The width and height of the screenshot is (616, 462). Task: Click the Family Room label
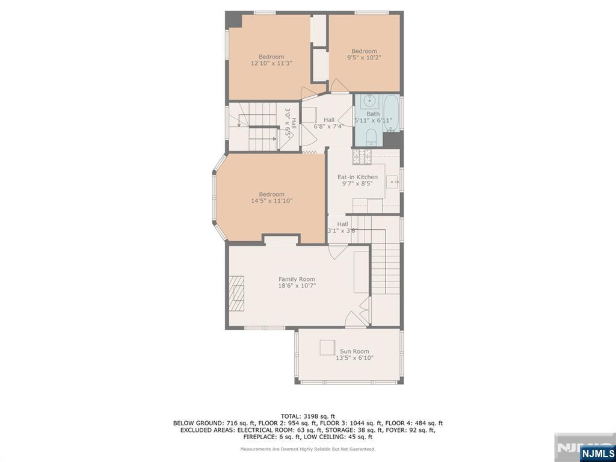tap(297, 279)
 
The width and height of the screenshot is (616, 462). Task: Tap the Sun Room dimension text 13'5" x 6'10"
tap(354, 358)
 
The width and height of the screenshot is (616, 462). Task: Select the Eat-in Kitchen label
tap(357, 177)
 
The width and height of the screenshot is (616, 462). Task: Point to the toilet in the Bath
tap(371, 136)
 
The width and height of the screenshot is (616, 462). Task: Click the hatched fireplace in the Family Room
tap(237, 292)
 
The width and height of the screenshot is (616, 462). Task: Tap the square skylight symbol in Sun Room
tap(327, 347)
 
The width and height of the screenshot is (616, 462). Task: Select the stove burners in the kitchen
tap(363, 156)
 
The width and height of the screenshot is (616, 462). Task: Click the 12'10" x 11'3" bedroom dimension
tap(271, 63)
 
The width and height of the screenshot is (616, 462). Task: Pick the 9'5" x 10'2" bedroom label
tap(364, 58)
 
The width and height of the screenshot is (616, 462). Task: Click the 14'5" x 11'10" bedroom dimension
tap(271, 201)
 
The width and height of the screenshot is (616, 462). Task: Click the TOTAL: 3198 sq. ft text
tap(307, 416)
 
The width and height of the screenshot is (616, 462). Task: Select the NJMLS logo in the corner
tap(597, 453)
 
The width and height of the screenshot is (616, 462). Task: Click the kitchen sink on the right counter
tap(393, 180)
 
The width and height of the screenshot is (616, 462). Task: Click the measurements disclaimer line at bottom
tap(307, 449)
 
